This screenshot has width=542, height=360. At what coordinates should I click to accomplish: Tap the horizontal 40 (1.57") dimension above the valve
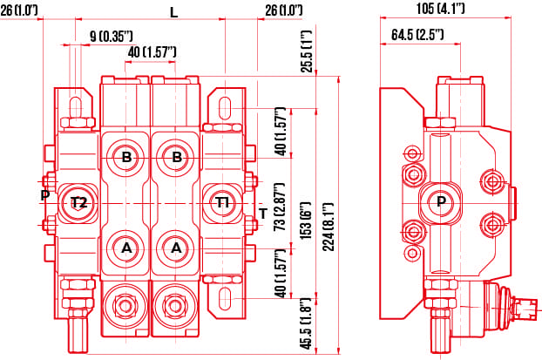[x=152, y=53]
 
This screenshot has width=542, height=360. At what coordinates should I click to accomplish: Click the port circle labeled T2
[x=78, y=203]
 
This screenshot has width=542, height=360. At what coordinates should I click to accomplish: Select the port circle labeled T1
[x=223, y=202]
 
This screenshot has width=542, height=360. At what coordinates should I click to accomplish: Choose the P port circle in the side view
[x=441, y=202]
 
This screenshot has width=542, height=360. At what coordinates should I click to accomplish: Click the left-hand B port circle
[x=126, y=158]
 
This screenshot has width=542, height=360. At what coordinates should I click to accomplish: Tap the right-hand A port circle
[x=177, y=248]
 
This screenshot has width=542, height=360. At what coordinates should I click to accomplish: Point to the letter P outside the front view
[x=44, y=195]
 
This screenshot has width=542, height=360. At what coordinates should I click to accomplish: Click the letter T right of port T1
[x=262, y=214]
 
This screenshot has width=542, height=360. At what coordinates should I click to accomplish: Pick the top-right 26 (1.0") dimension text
[x=283, y=10]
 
